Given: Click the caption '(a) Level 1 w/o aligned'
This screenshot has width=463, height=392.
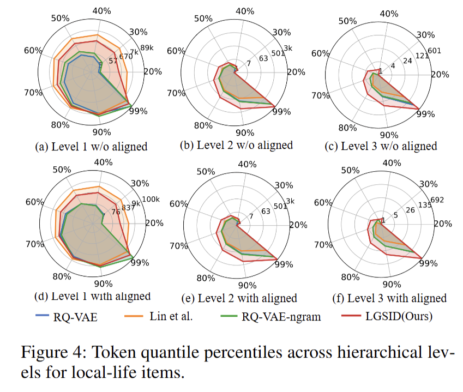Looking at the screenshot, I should [x=91, y=146].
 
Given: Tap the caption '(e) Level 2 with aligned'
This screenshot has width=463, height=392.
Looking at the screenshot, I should [x=239, y=298].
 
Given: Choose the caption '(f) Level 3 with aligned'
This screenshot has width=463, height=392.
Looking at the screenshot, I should [x=389, y=298].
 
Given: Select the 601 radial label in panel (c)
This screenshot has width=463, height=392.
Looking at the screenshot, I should [x=434, y=51].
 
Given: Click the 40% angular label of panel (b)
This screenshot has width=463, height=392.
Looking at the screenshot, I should [x=247, y=12].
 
